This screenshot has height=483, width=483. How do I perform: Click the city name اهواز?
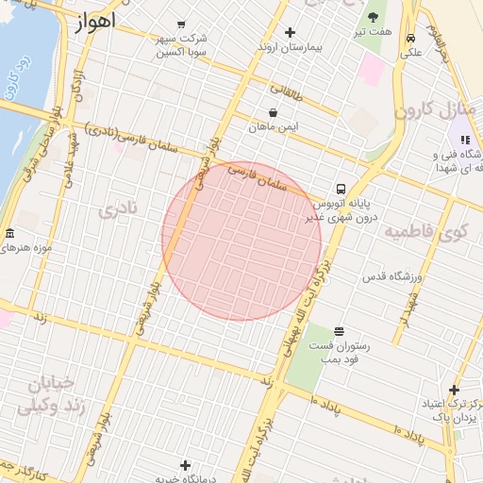pos(92,21)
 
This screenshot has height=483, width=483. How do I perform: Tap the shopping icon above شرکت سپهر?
pos(182,25)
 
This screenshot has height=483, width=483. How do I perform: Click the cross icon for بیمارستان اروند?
pos(290,32)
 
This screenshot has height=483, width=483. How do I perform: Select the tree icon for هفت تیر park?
pos(373,18)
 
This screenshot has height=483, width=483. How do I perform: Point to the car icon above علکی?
pos(411,39)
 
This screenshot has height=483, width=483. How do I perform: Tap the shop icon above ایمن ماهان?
pos(273,112)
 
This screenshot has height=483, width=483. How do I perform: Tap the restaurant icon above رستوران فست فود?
pos(339,331)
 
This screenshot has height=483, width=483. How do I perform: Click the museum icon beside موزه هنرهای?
pos(9,234)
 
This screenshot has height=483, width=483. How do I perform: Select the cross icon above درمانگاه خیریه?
pos(185,465)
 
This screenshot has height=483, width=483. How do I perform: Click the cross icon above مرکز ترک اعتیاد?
pos(454,390)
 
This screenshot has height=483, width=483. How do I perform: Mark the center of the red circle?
pos(241,241)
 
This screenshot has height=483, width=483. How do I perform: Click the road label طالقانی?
pos(288,92)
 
